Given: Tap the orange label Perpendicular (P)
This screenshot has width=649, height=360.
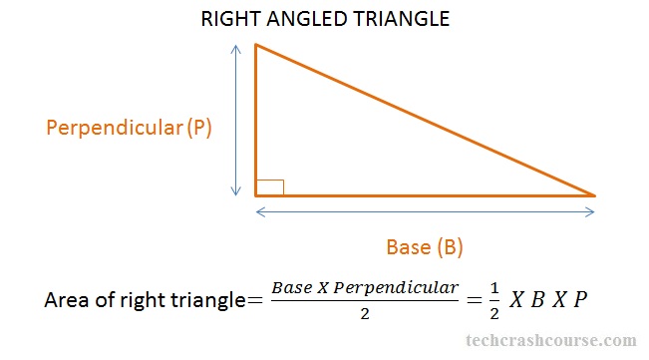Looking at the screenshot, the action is (129, 128).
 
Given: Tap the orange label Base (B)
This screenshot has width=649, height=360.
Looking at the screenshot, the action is (425, 247).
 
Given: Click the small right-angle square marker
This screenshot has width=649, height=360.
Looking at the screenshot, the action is (270, 187).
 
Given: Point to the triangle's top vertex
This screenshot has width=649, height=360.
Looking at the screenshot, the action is (256, 44).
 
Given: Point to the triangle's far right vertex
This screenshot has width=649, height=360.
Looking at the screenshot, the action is (594, 195).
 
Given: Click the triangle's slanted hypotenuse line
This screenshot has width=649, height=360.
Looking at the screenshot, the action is (425, 120).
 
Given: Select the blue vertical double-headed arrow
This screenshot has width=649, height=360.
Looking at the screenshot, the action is (236, 120).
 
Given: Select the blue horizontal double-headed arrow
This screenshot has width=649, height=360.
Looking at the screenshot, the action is (425, 212).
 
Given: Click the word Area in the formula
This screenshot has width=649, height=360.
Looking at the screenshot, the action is (67, 299).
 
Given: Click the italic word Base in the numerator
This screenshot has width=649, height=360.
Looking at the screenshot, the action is (292, 287).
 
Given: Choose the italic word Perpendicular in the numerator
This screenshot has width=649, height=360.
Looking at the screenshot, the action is (396, 288).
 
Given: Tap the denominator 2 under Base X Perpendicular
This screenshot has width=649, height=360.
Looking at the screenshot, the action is (365, 314).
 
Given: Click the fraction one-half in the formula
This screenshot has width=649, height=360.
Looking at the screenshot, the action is (494, 301).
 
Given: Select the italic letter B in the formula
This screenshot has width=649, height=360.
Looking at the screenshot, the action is (537, 299).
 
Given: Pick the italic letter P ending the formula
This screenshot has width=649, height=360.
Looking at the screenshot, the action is (580, 299).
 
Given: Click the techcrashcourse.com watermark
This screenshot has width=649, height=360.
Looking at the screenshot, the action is (551, 340).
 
